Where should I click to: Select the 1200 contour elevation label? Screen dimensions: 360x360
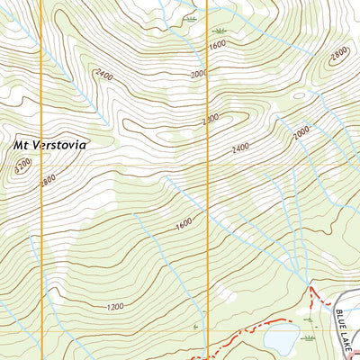click(114, 308)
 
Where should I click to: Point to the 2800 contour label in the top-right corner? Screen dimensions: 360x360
click(338, 54)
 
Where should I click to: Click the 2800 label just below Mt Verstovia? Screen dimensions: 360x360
click(46, 180)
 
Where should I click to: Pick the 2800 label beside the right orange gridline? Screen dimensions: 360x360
click(211, 119)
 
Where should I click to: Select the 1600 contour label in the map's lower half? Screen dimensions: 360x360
click(184, 222)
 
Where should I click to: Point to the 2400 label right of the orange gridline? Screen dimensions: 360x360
click(239, 148)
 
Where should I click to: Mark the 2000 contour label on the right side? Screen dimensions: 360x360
click(301, 132)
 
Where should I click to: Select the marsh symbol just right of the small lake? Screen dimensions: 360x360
click(310, 337)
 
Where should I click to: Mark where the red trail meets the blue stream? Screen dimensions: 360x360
click(311, 289)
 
